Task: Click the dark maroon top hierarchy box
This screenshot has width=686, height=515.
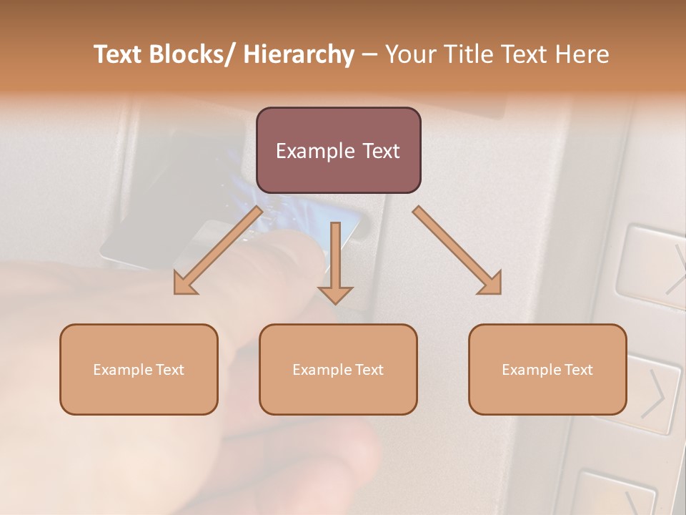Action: pos(338,150)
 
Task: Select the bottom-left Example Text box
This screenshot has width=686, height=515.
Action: pos(138,369)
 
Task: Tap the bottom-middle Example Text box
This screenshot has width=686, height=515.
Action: pos(337,369)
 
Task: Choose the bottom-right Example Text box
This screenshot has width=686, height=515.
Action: pos(547,369)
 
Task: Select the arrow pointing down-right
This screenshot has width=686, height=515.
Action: pos(457,250)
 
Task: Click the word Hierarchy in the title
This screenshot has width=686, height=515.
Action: pos(298,54)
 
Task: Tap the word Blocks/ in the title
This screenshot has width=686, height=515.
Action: pos(199,54)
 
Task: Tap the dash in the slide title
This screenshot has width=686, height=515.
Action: pos(369,54)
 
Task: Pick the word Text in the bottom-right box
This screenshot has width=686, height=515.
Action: pos(577,369)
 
